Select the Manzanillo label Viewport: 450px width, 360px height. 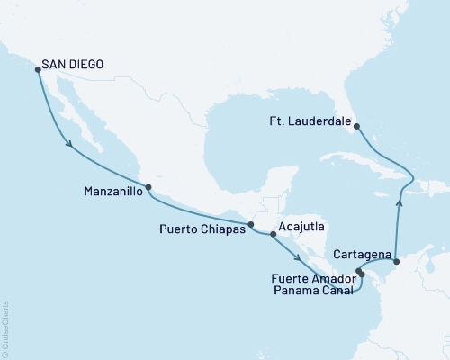tap(107, 191)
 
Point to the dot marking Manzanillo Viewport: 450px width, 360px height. tap(148, 188)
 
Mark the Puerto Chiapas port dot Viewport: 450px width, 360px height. tap(252, 225)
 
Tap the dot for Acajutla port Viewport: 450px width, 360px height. tap(273, 235)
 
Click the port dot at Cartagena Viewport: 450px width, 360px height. tap(397, 260)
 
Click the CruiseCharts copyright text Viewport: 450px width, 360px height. tap(5, 329)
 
